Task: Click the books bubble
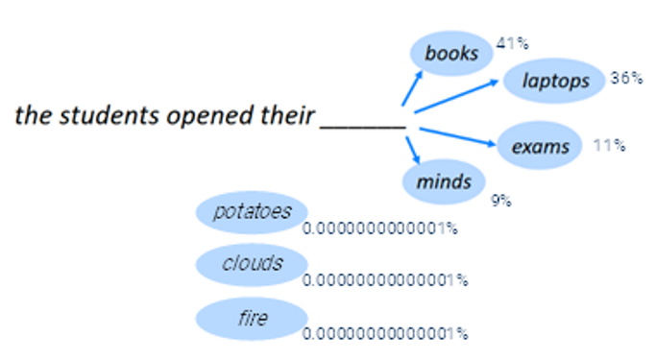point(450,53)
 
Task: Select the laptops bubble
point(555,81)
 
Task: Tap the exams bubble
point(539,146)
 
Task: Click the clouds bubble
point(251,263)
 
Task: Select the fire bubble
point(251,317)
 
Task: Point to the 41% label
point(513,43)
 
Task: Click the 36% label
point(625,78)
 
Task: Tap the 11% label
point(609,146)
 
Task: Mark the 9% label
point(500,201)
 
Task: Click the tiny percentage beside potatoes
point(379,229)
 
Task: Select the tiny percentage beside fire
point(384,334)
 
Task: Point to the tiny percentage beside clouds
point(384,280)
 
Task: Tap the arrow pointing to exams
point(456,135)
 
